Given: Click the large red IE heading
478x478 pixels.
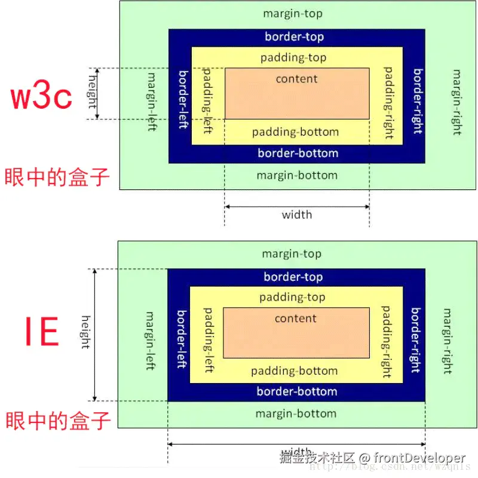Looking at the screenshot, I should click(41, 332).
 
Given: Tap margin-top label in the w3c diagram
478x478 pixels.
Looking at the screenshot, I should click(292, 13).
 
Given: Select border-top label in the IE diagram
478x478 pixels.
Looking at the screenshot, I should click(293, 277).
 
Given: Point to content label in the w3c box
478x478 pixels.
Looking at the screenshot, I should click(296, 78).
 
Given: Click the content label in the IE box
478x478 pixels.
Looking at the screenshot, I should click(295, 318).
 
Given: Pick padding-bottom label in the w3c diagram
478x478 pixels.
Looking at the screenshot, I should click(295, 132).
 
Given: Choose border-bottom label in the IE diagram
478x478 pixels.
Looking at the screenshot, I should click(297, 392).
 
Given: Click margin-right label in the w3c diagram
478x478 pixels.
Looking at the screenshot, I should click(456, 102).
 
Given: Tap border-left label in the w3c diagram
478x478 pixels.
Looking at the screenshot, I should click(183, 100).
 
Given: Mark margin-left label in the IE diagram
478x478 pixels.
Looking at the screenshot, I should click(150, 340).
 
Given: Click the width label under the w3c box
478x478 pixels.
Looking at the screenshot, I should click(296, 215).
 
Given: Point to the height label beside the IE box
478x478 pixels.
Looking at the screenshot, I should click(85, 332).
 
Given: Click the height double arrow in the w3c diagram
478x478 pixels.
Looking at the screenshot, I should click(99, 94).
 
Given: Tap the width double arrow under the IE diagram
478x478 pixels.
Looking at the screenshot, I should click(296, 444).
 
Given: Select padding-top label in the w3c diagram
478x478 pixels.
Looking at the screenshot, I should click(293, 58).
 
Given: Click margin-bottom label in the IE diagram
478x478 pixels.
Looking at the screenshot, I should click(296, 413).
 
